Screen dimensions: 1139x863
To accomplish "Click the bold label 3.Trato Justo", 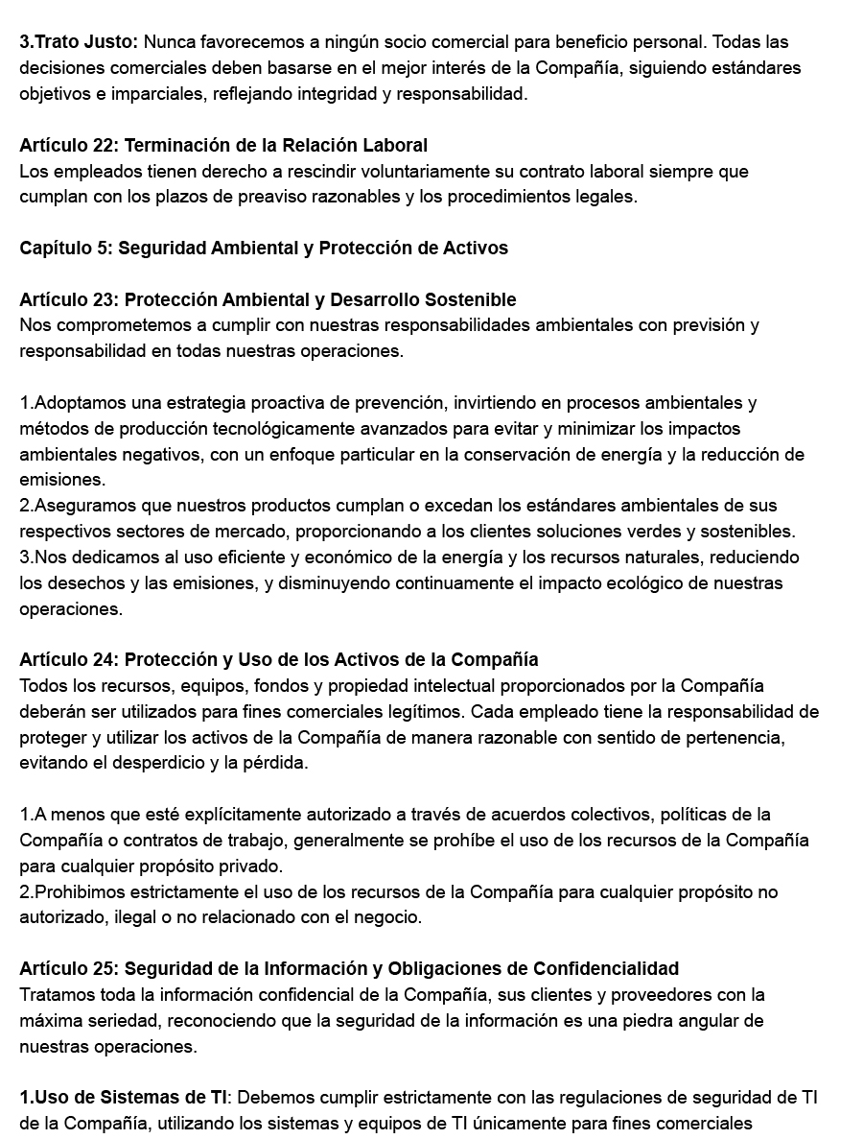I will point(79,42).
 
